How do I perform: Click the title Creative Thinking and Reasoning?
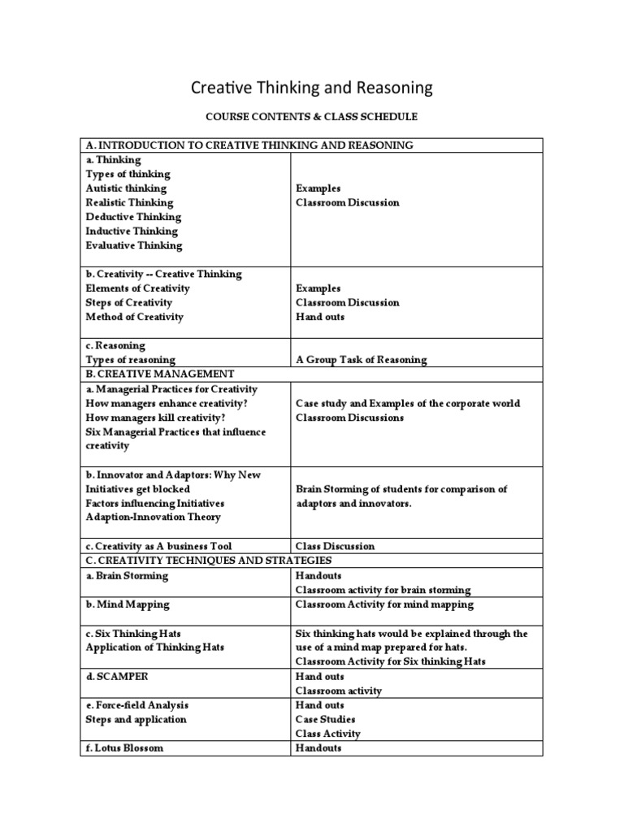[x=311, y=87]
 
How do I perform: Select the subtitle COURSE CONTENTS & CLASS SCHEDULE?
[x=311, y=117]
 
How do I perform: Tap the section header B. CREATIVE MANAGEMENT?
[x=160, y=374]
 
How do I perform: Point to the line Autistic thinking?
[x=126, y=188]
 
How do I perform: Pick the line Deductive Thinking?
[x=133, y=217]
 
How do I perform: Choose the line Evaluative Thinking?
[x=134, y=245]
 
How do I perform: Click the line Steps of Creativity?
[x=128, y=302]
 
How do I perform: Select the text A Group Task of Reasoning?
[x=361, y=360]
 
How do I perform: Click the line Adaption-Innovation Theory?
[x=153, y=517]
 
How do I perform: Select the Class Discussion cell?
[x=335, y=547]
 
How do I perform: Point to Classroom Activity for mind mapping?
[x=384, y=604]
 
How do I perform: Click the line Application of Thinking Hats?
[x=156, y=648]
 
